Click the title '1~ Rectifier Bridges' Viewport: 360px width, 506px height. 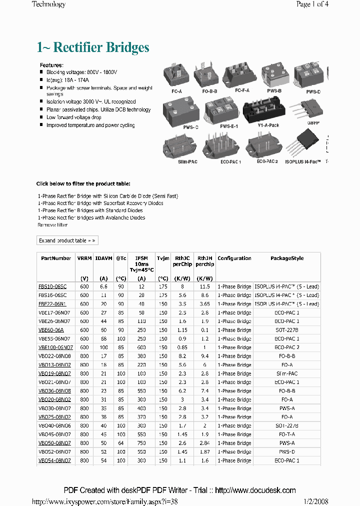pyautogui.click(x=93, y=47)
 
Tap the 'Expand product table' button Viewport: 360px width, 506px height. pyautogui.click(x=67, y=240)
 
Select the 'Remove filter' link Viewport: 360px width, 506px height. pyautogui.click(x=52, y=225)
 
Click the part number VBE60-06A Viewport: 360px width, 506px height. pyautogui.click(x=50, y=330)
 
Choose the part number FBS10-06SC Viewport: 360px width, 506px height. pyautogui.click(x=52, y=286)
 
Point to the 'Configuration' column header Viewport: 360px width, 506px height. pyautogui.click(x=234, y=258)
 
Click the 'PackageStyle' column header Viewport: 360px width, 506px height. pyautogui.click(x=287, y=258)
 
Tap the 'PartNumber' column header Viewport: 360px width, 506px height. pyautogui.click(x=56, y=258)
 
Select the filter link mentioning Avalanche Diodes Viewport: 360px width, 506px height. pyautogui.click(x=91, y=217)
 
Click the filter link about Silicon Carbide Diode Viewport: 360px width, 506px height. pyautogui.click(x=108, y=196)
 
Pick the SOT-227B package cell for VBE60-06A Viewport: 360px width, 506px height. pyautogui.click(x=287, y=330)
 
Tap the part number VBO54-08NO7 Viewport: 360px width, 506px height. pyautogui.click(x=54, y=460)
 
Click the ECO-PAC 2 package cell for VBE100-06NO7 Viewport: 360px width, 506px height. pyautogui.click(x=287, y=347)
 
